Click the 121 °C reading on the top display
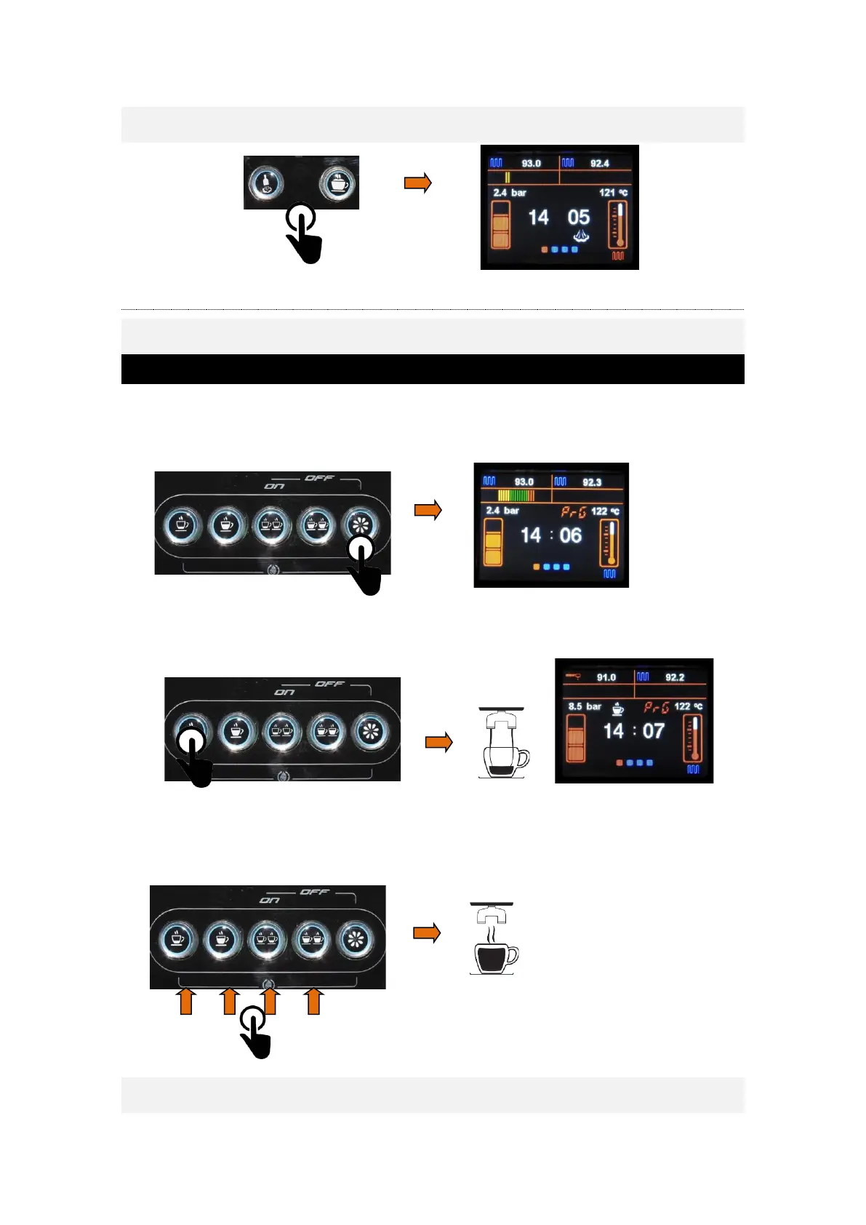pos(612,193)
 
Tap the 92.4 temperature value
pos(599,164)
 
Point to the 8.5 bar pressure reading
pos(585,706)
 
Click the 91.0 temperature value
pos(606,677)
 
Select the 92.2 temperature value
pos(674,677)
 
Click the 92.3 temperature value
pos(591,482)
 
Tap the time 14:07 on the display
pos(633,731)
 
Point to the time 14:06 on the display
pos(550,536)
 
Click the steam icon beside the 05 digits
pos(580,235)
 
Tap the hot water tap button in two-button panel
pos(267,183)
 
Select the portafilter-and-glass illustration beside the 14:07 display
pos(503,743)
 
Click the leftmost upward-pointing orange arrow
pos(186,1001)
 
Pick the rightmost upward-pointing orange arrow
pos(314,1001)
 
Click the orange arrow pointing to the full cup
pos(427,933)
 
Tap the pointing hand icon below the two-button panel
pos(303,233)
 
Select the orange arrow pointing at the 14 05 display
pos(418,183)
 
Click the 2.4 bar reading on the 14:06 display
pos(502,511)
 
